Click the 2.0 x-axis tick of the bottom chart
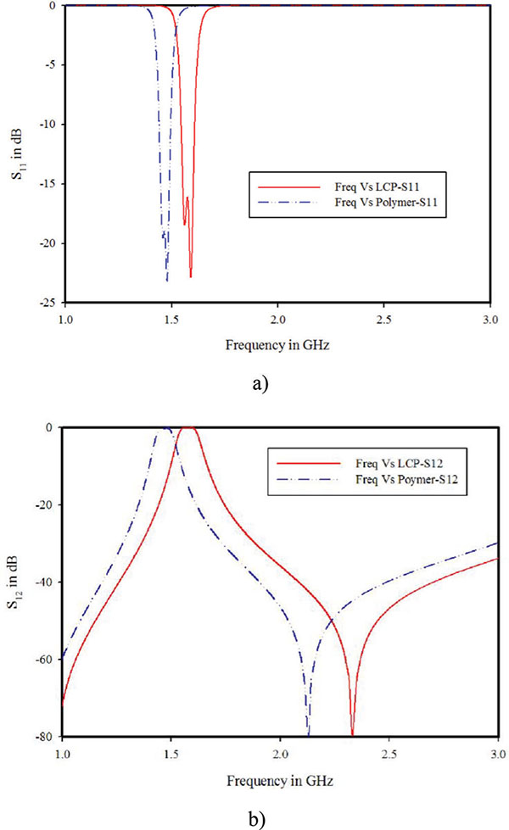tap(280, 751)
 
